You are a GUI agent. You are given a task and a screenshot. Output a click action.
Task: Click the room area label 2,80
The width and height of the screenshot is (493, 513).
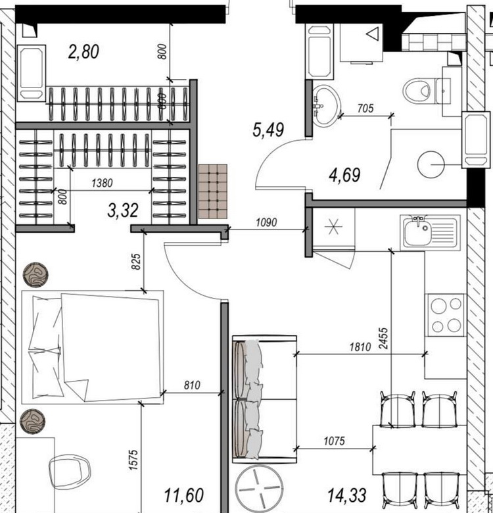click(x=83, y=52)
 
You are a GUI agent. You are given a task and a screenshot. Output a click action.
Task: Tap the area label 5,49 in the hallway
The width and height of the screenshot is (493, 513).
click(x=268, y=130)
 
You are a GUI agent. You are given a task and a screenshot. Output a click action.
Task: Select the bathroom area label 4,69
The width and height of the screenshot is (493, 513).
click(x=344, y=175)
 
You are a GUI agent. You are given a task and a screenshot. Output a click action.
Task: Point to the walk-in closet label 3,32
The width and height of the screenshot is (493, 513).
click(x=123, y=210)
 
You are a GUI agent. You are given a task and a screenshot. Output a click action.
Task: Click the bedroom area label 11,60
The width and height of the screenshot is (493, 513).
click(x=184, y=495)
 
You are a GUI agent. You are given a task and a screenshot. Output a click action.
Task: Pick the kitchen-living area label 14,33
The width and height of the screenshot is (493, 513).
click(x=346, y=495)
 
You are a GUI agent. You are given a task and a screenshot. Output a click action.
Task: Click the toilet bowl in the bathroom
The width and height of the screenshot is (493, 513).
click(x=418, y=91)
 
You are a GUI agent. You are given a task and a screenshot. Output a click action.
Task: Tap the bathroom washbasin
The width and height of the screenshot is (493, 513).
click(x=326, y=105)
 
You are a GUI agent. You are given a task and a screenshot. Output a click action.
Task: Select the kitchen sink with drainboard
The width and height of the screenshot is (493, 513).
click(x=431, y=232)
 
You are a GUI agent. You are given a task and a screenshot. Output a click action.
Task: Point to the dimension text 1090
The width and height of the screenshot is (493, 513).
click(x=266, y=222)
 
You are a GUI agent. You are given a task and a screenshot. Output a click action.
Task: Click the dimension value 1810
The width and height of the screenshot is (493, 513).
click(x=360, y=347)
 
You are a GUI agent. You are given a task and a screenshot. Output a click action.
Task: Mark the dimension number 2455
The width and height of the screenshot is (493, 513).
click(x=383, y=339)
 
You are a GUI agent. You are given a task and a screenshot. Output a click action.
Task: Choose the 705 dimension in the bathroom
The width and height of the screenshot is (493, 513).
click(x=365, y=108)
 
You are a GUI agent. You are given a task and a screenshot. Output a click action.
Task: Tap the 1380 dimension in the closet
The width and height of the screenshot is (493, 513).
click(x=102, y=183)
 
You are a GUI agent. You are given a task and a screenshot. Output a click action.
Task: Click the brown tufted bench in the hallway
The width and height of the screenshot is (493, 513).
click(x=212, y=191)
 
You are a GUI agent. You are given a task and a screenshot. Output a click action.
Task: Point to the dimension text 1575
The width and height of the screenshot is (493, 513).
click(x=133, y=460)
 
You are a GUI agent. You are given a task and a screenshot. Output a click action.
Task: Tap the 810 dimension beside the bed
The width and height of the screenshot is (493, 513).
click(x=192, y=385)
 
